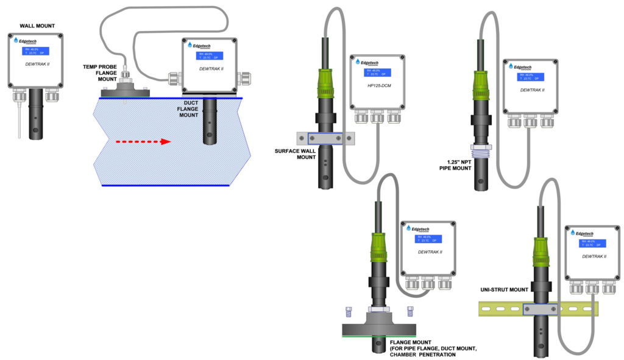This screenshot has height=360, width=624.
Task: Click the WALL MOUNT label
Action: click(37, 26)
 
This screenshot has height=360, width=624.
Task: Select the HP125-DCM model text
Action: click(378, 86)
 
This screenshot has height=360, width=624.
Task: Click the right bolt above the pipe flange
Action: click(410, 311)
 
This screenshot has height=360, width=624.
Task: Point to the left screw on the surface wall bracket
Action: click(303, 139)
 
